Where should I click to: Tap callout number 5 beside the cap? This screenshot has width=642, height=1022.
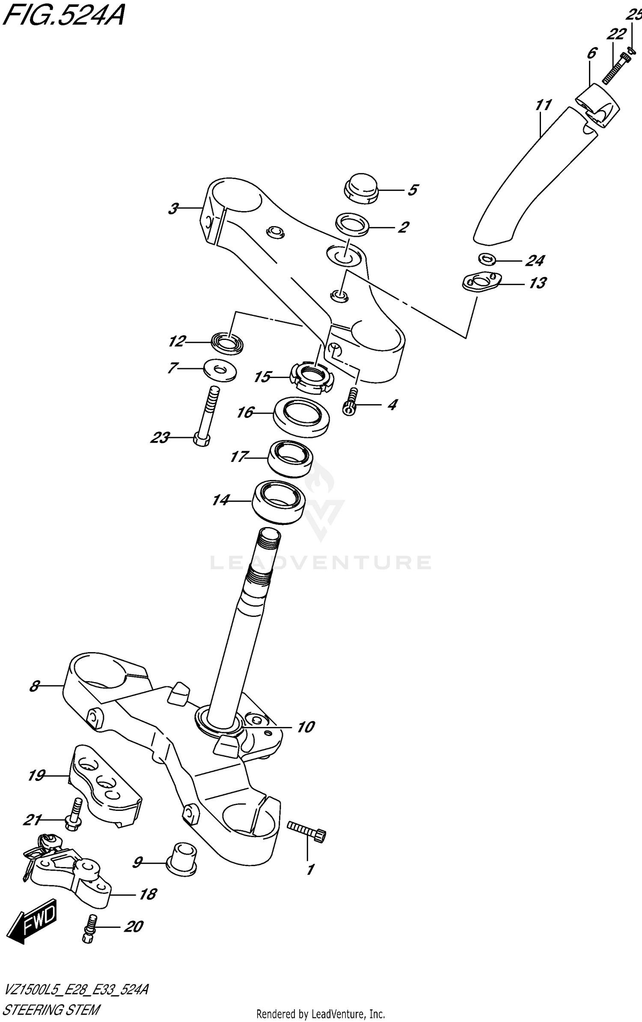[x=412, y=190]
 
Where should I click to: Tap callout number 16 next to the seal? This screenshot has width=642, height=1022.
[x=245, y=412]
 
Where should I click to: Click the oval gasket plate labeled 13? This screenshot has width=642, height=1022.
[x=482, y=283]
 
